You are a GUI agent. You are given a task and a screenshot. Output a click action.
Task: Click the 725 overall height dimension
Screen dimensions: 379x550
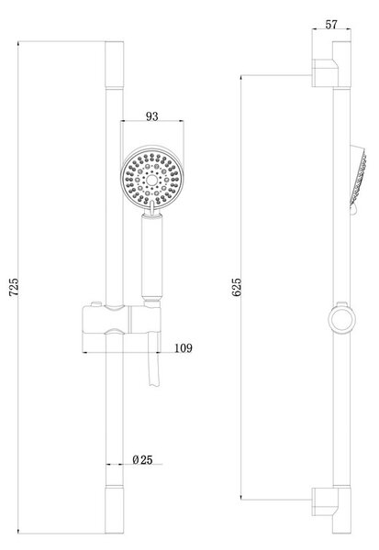pyautogui.click(x=14, y=287)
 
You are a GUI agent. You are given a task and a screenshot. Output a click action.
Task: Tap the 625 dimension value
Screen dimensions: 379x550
pyautogui.click(x=237, y=287)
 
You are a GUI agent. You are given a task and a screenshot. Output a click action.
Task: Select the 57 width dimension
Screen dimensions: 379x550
pyautogui.click(x=331, y=25)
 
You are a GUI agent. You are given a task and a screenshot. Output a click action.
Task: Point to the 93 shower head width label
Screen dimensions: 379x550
pyautogui.click(x=152, y=116)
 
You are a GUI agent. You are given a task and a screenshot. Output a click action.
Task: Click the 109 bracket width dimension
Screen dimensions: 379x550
pyautogui.click(x=184, y=348)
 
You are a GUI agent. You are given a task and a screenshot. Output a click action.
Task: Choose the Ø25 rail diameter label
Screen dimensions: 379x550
pyautogui.click(x=142, y=459)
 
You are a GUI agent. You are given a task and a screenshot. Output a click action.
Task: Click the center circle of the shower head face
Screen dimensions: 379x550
pyautogui.click(x=151, y=181)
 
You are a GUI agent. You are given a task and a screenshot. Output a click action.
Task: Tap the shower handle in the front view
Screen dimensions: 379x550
pyautogui.click(x=151, y=257)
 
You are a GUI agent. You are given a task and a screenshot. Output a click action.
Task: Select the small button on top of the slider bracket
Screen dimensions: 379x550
pyautogui.click(x=95, y=303)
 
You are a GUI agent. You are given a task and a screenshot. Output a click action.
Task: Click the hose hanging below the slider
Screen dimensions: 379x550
pyautogui.click(x=153, y=358)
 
